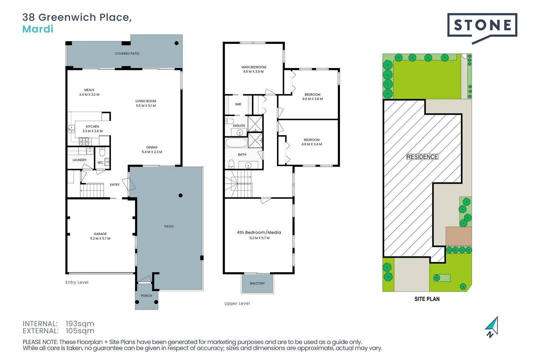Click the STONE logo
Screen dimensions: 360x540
[x=482, y=25]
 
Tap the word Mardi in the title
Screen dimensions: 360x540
[x=38, y=29]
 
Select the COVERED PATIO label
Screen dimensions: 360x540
[x=127, y=54]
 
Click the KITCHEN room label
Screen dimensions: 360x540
[x=92, y=127]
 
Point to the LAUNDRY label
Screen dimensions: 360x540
[x=80, y=160]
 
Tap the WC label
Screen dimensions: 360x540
[x=100, y=163]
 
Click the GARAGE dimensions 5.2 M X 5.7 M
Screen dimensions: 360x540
[x=100, y=239]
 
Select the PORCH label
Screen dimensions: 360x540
[x=146, y=296]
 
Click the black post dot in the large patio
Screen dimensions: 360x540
[x=180, y=196]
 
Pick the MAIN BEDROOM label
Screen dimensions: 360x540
[x=254, y=67]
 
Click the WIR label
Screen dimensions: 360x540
[x=238, y=104]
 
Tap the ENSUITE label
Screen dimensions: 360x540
[x=239, y=126]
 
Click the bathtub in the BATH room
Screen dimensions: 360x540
[x=236, y=143]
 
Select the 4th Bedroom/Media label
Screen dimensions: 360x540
[x=259, y=233]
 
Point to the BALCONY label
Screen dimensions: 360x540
[x=257, y=283]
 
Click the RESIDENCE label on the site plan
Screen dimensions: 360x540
[x=422, y=157]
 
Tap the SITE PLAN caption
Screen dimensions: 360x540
[x=427, y=299]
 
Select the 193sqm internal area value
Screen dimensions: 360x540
[x=80, y=324]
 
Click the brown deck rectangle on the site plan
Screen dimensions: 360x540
[x=459, y=236]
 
